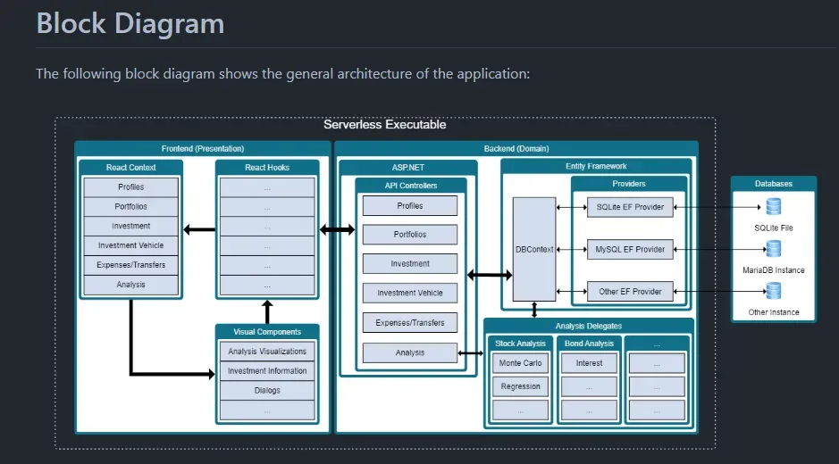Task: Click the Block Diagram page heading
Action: point(130,23)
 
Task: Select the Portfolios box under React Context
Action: point(130,207)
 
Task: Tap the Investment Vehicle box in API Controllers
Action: point(410,293)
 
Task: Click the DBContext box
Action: point(534,249)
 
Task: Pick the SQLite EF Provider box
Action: point(630,207)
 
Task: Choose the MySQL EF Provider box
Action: point(630,249)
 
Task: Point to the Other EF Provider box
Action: point(630,292)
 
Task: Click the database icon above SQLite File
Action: point(774,207)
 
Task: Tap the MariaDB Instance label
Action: point(774,270)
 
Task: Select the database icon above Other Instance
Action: point(774,291)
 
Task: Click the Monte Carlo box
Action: point(521,363)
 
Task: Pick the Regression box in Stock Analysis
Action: point(521,386)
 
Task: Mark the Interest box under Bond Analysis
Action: point(589,363)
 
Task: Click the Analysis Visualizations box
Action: point(267,352)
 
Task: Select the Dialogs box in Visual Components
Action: point(267,391)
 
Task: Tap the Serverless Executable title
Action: point(384,125)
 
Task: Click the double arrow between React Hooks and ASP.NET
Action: point(337,229)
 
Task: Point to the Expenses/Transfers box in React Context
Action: point(130,265)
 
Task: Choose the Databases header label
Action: point(774,184)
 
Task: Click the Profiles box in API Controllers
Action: point(410,206)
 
